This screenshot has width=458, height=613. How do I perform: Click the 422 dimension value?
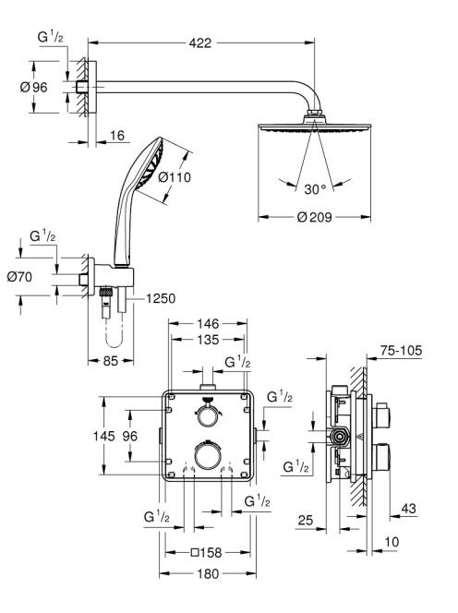pos(199,42)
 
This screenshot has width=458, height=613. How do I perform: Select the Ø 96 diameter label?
pos(33,87)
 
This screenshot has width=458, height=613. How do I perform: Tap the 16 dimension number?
pos(117,136)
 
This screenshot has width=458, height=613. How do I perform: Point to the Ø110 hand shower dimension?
pos(175,177)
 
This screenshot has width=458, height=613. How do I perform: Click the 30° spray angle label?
pos(315,189)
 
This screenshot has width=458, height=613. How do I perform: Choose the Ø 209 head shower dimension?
pos(314,217)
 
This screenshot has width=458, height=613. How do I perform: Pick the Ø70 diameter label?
pos(19,277)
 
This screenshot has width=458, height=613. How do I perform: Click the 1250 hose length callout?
pos(161,298)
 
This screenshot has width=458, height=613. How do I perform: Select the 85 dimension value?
pos(110,360)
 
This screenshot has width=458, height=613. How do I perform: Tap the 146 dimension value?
pos(208,324)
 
